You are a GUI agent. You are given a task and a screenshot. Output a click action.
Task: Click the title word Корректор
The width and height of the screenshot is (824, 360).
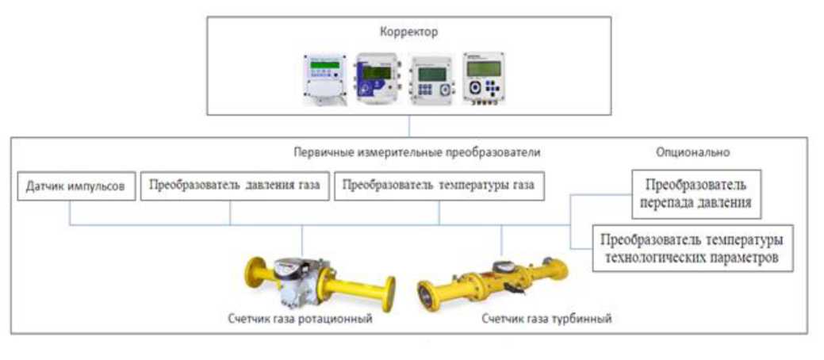point(409,32)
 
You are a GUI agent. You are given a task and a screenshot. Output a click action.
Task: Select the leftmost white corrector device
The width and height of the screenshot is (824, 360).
point(325,79)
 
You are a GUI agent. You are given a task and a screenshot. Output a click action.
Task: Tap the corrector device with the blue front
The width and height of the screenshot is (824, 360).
point(377,78)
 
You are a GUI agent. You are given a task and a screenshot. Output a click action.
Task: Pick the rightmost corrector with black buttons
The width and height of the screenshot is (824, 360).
point(484,78)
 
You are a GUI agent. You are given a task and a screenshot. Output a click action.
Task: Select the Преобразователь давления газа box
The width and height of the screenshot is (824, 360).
point(235,186)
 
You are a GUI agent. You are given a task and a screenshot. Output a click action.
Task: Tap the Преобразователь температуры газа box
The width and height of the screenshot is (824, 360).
point(439,186)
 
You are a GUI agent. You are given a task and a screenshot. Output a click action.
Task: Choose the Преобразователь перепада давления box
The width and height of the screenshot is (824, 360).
point(696,194)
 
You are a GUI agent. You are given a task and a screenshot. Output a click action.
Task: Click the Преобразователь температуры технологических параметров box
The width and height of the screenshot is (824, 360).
point(692,248)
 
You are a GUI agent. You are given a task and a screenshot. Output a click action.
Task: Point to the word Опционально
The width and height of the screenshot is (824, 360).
point(692,152)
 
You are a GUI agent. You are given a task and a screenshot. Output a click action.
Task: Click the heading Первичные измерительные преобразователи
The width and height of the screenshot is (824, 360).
point(417,152)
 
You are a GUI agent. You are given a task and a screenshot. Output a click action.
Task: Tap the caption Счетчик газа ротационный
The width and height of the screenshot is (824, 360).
point(301,319)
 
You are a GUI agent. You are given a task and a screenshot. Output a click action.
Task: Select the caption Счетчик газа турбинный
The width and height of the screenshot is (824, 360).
point(547,319)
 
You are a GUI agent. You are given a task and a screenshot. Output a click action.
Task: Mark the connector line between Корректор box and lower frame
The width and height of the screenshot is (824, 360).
point(409,126)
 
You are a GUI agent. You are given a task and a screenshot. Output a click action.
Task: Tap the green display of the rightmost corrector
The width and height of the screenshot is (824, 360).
point(484,68)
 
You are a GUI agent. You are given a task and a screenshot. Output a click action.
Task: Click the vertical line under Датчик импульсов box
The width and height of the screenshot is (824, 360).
point(70,213)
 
